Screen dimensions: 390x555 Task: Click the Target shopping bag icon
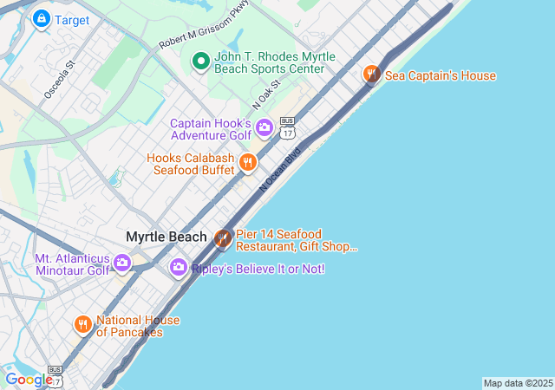[x=40, y=18]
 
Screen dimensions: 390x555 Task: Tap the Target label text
[x=71, y=19]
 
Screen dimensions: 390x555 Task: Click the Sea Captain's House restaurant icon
[x=372, y=75]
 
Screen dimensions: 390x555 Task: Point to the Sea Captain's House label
[x=441, y=76]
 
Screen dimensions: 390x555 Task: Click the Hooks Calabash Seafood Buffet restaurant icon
[x=248, y=163]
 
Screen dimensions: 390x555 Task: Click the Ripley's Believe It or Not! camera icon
[x=179, y=269]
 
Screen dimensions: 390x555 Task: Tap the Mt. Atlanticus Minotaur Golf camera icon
[x=122, y=263]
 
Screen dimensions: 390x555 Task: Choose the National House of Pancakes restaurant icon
[x=82, y=325]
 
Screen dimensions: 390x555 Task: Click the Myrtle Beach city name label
[x=166, y=237]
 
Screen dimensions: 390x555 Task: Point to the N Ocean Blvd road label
[x=279, y=170]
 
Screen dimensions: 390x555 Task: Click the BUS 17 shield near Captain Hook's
[x=288, y=127]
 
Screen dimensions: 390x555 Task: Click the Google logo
[x=28, y=380]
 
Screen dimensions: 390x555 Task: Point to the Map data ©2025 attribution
[x=518, y=383]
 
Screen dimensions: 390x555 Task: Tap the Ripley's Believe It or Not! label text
[x=258, y=270]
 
